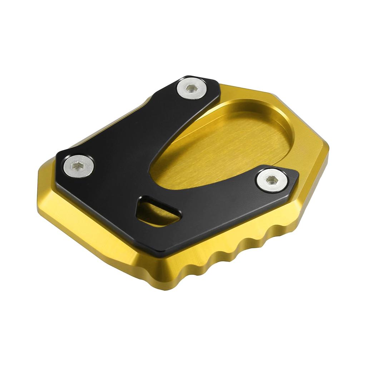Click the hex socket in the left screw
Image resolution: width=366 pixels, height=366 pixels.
click(x=78, y=165)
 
